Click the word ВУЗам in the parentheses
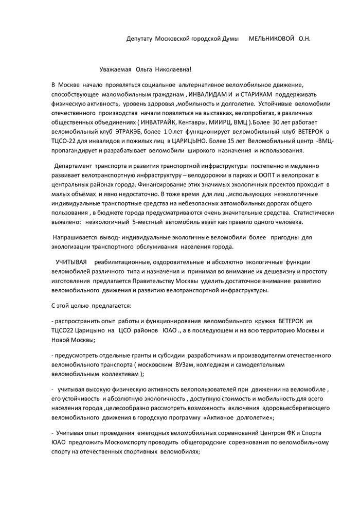pos(184,364)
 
